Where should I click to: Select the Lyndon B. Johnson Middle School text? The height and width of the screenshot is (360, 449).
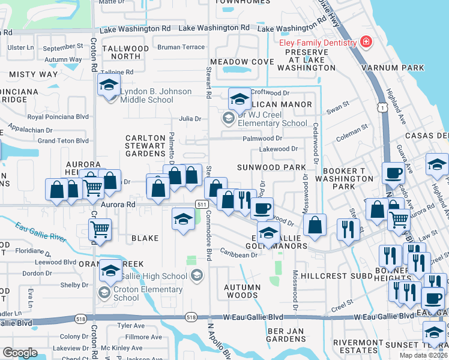click(155, 95)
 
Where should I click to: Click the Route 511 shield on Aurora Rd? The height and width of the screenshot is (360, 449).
click(202, 205)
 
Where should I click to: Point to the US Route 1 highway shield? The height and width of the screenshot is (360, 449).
click(382, 106)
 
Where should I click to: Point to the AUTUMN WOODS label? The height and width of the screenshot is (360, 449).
click(243, 291)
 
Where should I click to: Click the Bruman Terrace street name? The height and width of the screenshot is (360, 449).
click(181, 46)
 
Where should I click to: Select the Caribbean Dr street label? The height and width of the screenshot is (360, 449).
click(238, 254)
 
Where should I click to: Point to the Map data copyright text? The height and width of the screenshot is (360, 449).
click(424, 355)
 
